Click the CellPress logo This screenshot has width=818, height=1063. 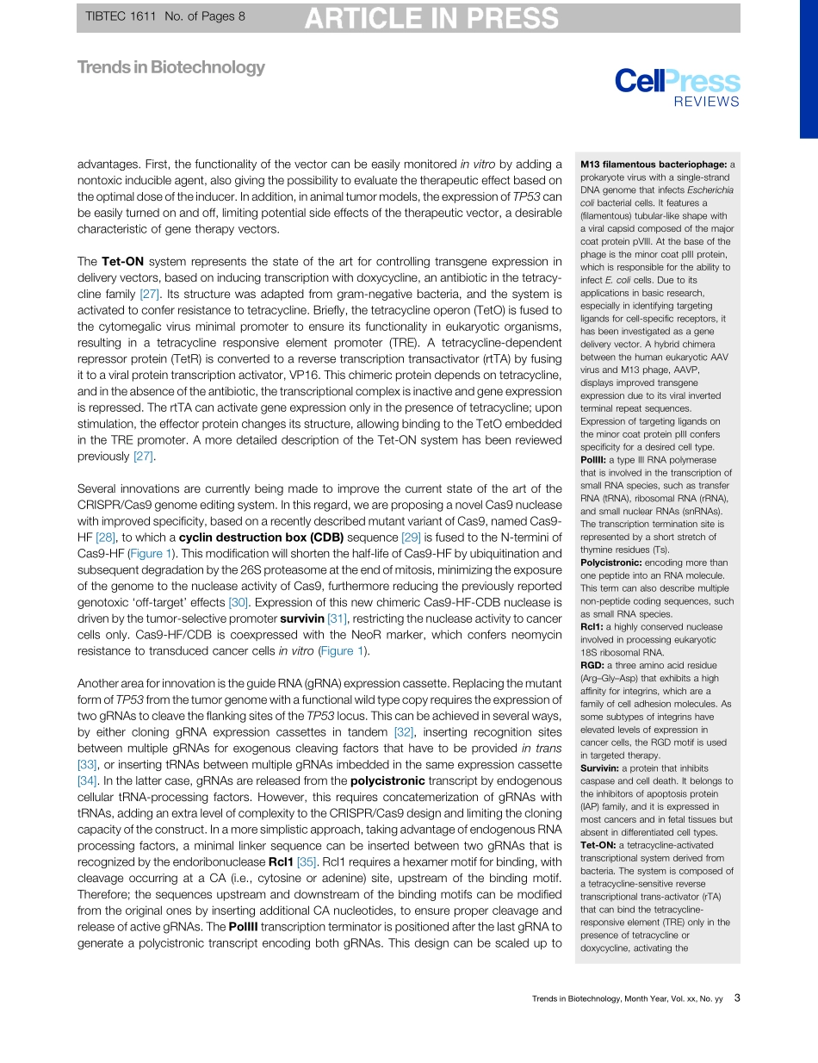click(x=677, y=81)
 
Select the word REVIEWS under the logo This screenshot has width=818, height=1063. click(x=706, y=103)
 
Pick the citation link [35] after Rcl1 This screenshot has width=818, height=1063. click(x=307, y=885)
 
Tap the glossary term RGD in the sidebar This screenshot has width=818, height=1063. click(x=592, y=666)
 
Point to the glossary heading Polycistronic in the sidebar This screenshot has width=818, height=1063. click(x=610, y=563)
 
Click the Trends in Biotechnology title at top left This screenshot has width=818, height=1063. click(x=170, y=67)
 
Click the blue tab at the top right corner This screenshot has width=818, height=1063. click(x=809, y=69)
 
